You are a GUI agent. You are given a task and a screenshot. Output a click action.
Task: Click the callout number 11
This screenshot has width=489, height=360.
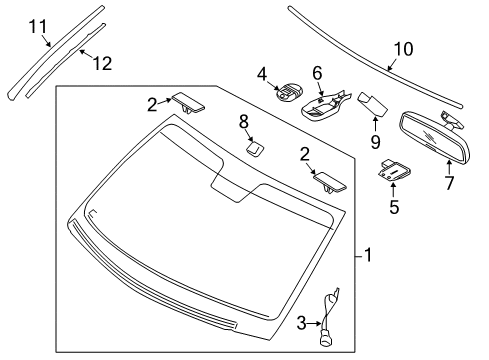37,26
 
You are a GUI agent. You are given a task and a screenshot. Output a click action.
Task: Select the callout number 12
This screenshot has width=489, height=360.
102,63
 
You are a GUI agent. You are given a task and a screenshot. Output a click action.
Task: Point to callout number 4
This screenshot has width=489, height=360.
261,73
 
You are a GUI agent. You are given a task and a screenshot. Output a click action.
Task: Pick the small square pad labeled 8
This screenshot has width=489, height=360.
254,147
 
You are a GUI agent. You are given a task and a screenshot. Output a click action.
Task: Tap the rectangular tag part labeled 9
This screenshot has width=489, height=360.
374,104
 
